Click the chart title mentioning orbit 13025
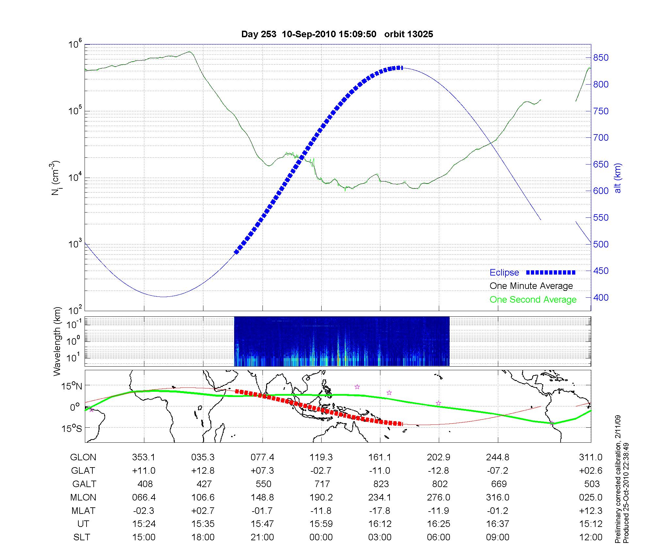337,34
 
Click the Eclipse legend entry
504,273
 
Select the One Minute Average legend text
531,286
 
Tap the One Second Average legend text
533,300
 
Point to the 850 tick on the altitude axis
601,58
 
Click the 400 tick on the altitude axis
601,298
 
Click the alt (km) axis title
618,178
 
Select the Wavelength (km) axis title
57,341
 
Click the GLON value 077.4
262,457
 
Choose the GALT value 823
381,484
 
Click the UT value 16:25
438,524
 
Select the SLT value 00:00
321,537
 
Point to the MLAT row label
83,511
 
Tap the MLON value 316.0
498,498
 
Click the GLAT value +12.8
203,471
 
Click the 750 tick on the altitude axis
601,111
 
